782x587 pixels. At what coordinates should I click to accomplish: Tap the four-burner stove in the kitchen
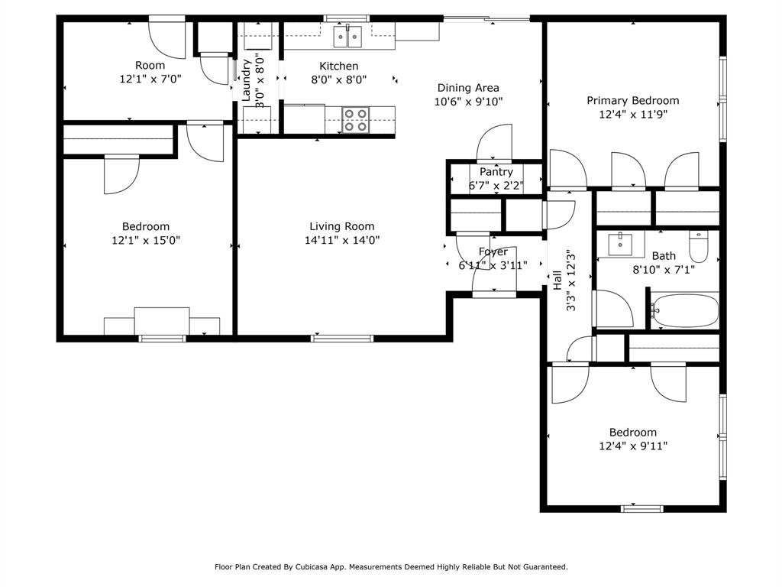pyautogui.click(x=355, y=120)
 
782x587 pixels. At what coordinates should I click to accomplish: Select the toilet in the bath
pyautogui.click(x=698, y=245)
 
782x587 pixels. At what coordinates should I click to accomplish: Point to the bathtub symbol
pyautogui.click(x=685, y=311)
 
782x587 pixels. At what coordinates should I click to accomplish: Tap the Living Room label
pyautogui.click(x=341, y=226)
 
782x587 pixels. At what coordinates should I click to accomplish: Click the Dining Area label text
pyautogui.click(x=467, y=88)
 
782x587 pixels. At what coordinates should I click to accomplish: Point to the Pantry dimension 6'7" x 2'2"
pyautogui.click(x=496, y=185)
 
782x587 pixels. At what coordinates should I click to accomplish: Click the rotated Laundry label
pyautogui.click(x=246, y=81)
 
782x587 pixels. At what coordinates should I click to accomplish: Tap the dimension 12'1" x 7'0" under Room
pyautogui.click(x=150, y=79)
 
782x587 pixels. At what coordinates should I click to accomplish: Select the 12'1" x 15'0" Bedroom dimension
pyautogui.click(x=146, y=240)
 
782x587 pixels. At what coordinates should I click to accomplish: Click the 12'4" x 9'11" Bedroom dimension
pyautogui.click(x=632, y=446)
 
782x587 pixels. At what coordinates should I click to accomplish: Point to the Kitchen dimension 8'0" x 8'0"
pyautogui.click(x=338, y=79)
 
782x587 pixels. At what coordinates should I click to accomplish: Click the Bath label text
pyautogui.click(x=663, y=256)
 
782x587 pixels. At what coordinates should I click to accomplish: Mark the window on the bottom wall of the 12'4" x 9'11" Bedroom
pyautogui.click(x=642, y=508)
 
